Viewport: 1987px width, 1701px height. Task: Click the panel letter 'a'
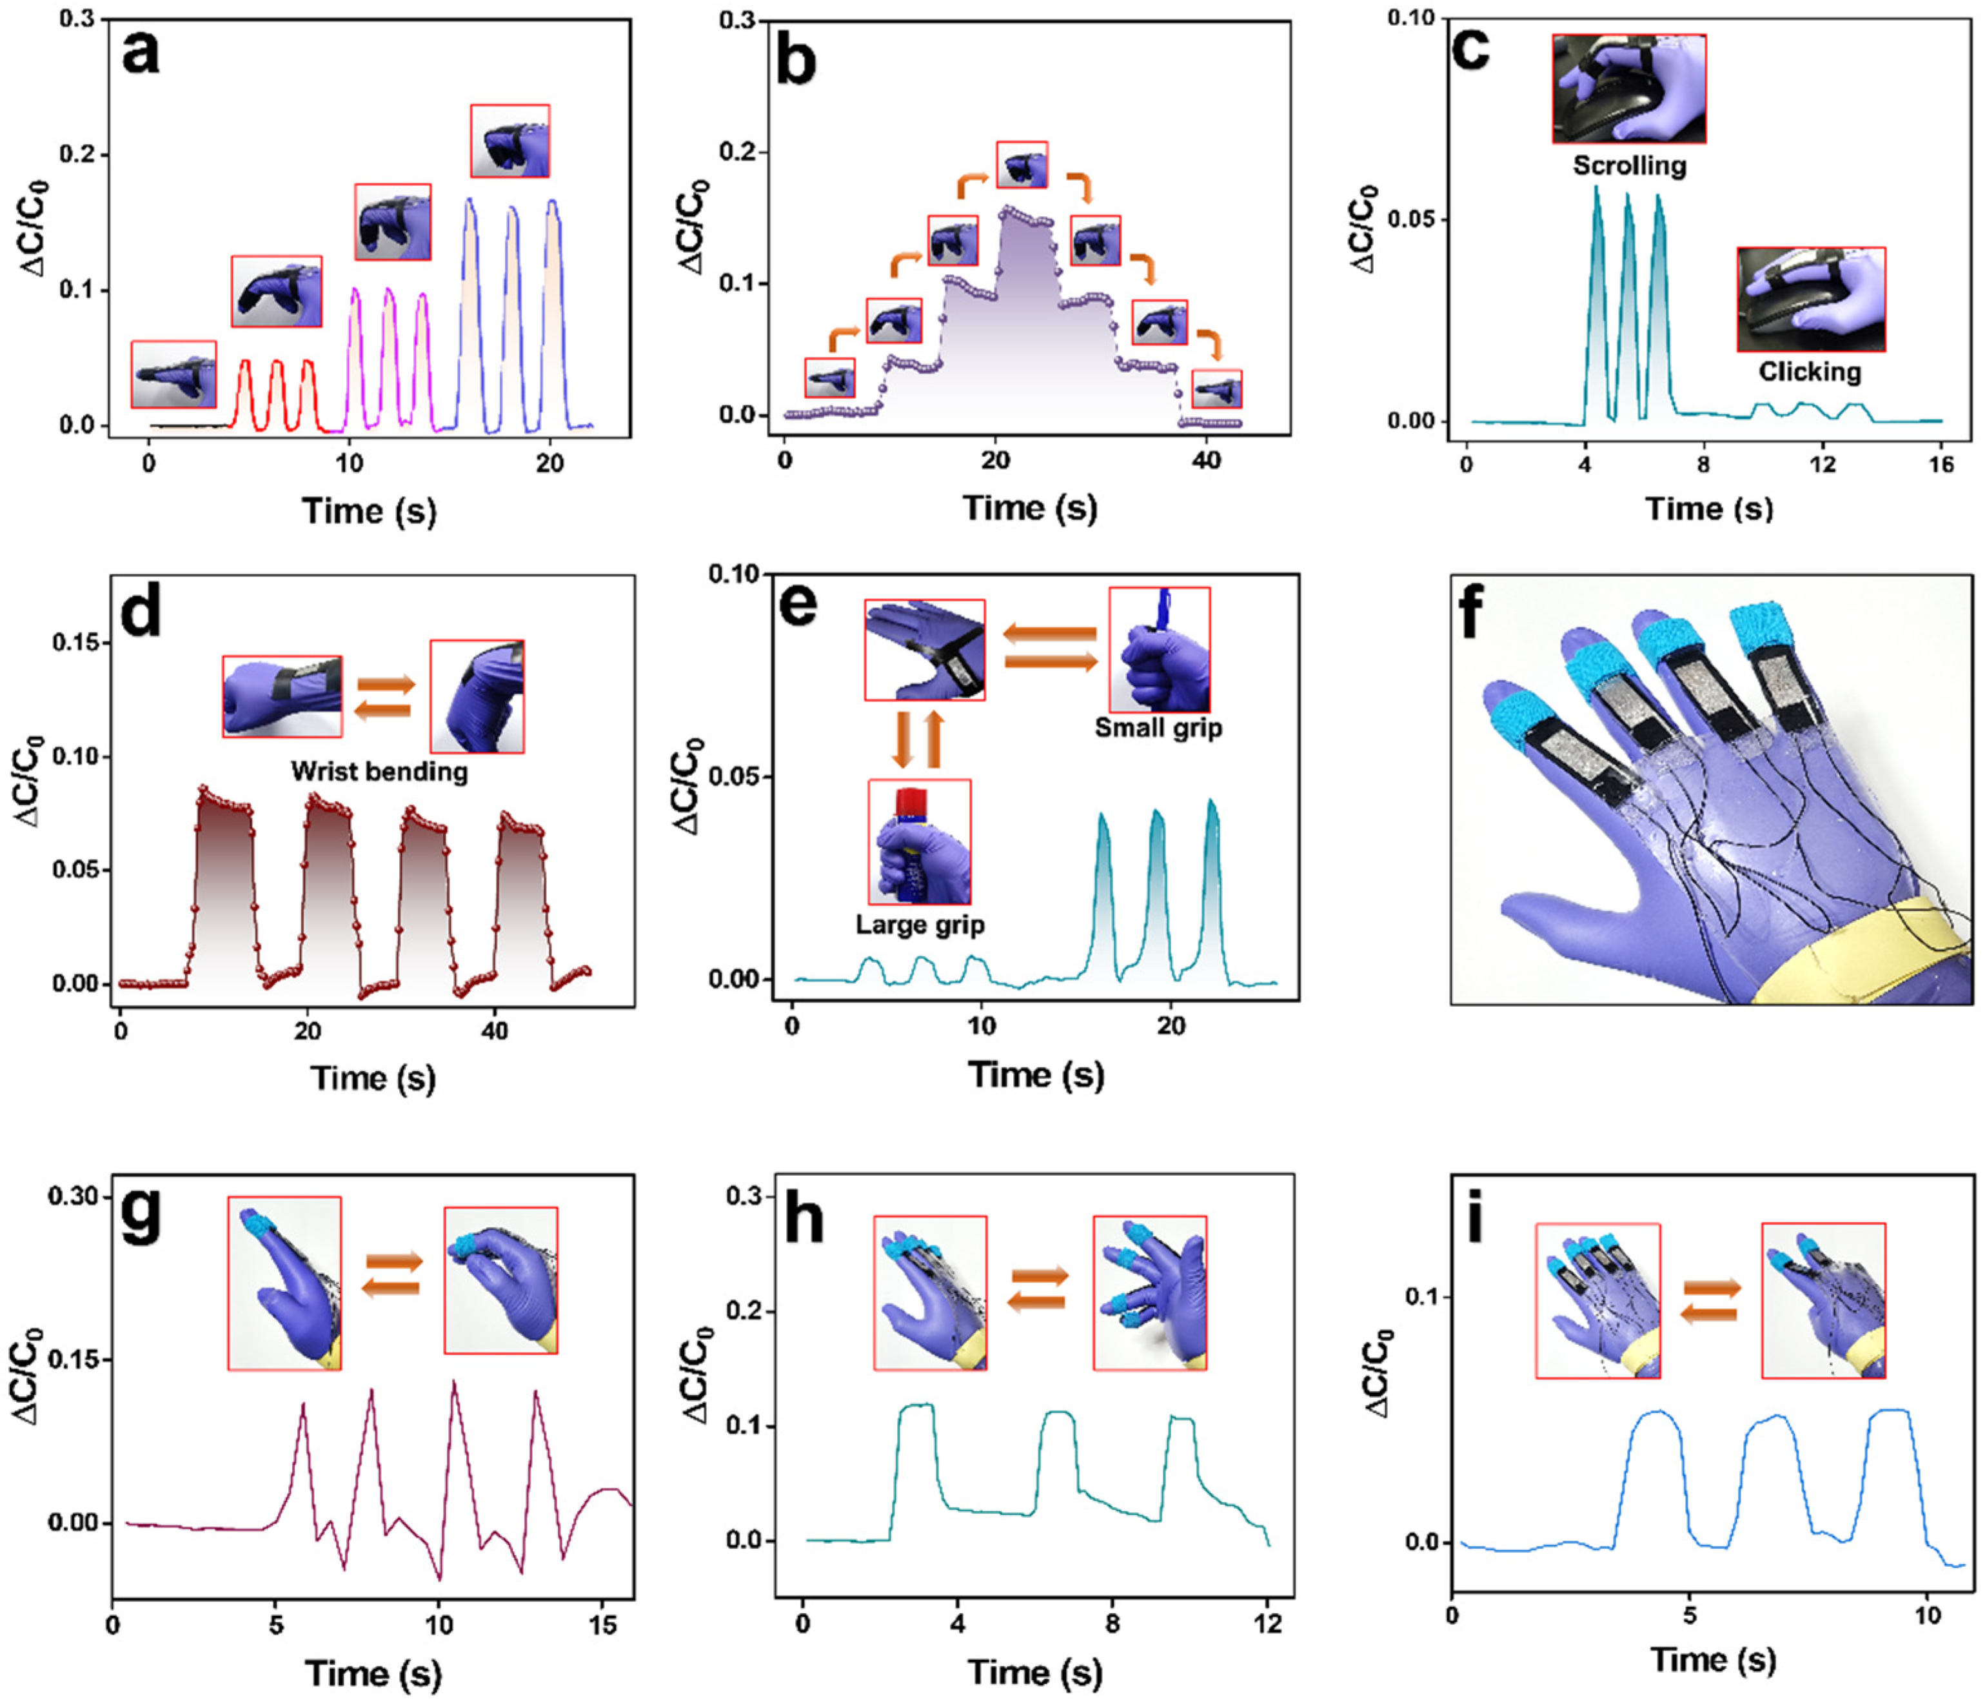(141, 53)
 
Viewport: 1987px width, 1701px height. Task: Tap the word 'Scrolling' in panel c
(1628, 166)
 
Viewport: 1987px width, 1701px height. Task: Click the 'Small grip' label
(1158, 727)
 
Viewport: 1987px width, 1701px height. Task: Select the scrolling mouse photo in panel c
(1628, 89)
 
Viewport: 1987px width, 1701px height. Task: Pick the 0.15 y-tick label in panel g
(74, 1360)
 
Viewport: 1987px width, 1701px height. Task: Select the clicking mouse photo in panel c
(1810, 299)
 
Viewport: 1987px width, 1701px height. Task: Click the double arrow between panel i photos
(1711, 1301)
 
